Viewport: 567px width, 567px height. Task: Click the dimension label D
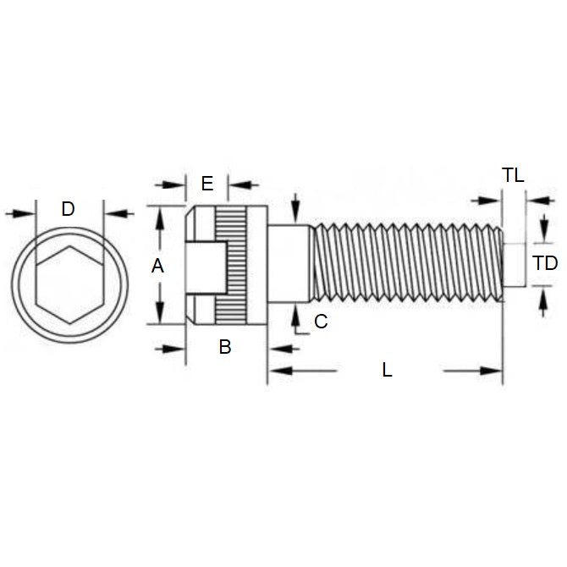pos(69,209)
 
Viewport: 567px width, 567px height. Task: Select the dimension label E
pos(207,183)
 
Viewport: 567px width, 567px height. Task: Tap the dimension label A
pos(157,266)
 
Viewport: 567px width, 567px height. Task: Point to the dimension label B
pos(225,346)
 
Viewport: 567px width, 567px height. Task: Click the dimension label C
pos(320,322)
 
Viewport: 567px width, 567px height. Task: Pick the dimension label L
pos(388,370)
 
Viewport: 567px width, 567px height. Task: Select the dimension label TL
pos(513,176)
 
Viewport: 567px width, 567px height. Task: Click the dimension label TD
pos(546,263)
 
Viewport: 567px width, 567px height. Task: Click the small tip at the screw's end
pos(510,264)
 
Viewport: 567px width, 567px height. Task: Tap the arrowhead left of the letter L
pos(276,371)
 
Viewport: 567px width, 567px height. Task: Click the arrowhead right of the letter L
pos(495,371)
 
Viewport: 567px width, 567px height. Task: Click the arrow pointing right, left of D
pos(28,213)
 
